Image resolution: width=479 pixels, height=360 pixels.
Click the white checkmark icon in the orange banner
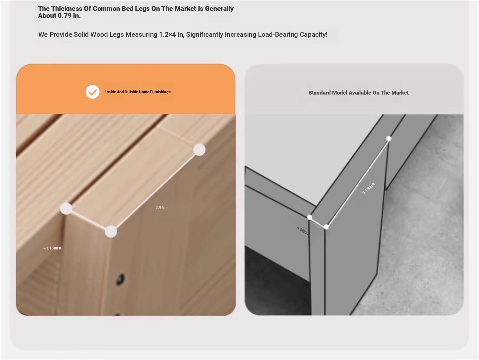pyautogui.click(x=93, y=92)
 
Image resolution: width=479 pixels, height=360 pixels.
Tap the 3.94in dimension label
pyautogui.click(x=161, y=208)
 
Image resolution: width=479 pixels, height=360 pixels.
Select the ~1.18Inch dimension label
pyautogui.click(x=52, y=248)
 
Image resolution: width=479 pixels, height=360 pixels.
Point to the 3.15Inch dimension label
pyautogui.click(x=369, y=188)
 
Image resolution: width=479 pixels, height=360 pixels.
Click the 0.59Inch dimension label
pyautogui.click(x=303, y=231)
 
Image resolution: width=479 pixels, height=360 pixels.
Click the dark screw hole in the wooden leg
pyautogui.click(x=120, y=279)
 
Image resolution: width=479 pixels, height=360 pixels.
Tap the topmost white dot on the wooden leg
pyautogui.click(x=199, y=150)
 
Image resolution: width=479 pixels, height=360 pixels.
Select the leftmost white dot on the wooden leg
pyautogui.click(x=66, y=209)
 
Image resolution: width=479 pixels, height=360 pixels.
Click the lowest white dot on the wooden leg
pyautogui.click(x=111, y=231)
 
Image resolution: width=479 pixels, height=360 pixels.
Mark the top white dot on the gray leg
pyautogui.click(x=389, y=139)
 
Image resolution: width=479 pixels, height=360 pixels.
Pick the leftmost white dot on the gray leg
pyautogui.click(x=310, y=217)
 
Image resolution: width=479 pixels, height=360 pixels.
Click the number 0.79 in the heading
pyautogui.click(x=65, y=16)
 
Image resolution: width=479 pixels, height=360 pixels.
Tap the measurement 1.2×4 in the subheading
pyautogui.click(x=167, y=34)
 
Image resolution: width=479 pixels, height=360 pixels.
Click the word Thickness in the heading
pyautogui.click(x=66, y=9)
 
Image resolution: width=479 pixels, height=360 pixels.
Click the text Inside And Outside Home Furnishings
pyautogui.click(x=138, y=92)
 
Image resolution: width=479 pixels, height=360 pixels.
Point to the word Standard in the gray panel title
pyautogui.click(x=319, y=93)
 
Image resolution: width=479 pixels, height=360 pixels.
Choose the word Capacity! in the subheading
pyautogui.click(x=314, y=34)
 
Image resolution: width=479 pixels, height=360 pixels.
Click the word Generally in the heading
pyautogui.click(x=219, y=9)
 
